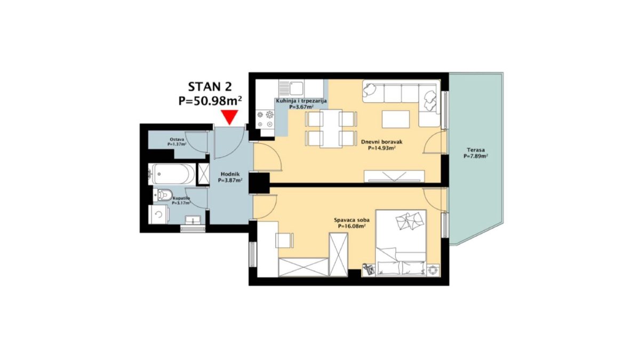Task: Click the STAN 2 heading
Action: coord(210,86)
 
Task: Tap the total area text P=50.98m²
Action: coord(210,101)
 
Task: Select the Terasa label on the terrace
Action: coord(476,150)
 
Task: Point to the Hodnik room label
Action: coord(230,174)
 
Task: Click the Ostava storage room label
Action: coord(177,139)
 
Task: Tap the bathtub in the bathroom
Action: coord(171,174)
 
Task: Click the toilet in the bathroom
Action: coord(163,195)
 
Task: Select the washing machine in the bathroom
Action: coord(158,214)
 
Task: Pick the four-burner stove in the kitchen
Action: coord(265,119)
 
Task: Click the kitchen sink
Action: coord(292,89)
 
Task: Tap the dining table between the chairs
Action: coord(331,129)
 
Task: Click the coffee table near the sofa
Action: coord(396,119)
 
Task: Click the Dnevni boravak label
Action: coord(382,142)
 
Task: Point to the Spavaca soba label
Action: coord(351,220)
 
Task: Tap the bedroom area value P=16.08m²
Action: coord(351,226)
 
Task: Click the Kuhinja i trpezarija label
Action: coord(301,101)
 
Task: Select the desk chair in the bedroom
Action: coord(284,241)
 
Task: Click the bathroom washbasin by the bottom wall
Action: coord(193,220)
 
